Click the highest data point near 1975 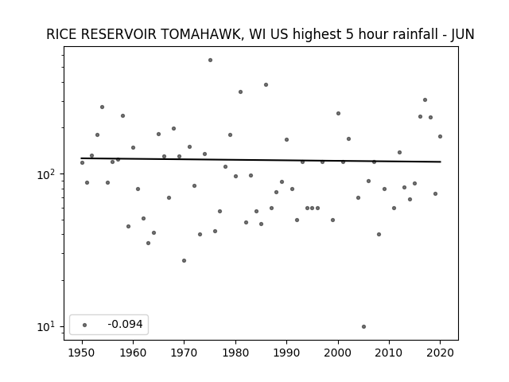point(210,60)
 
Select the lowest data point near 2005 point(364,327)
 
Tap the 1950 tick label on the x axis point(82,353)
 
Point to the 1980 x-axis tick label point(235,353)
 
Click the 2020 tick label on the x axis point(440,353)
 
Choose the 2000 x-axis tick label point(338,353)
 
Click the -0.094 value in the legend point(125,324)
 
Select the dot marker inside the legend point(85,325)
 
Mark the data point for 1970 point(184,260)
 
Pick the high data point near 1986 point(266,85)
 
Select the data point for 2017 point(425,100)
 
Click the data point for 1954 point(103,107)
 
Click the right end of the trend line point(441,162)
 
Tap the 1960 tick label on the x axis point(133,353)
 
